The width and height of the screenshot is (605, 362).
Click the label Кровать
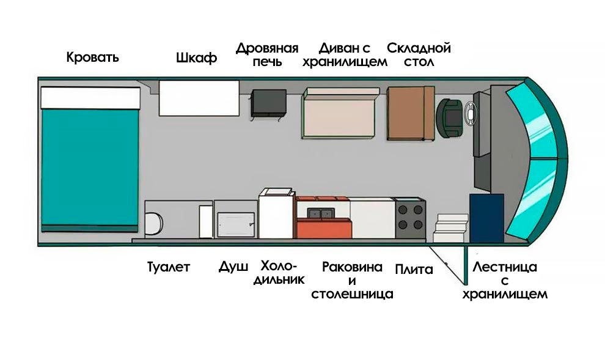point(92,58)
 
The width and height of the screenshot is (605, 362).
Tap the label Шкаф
point(196,59)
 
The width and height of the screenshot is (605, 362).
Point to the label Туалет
point(169,267)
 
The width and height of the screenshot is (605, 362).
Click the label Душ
point(233,267)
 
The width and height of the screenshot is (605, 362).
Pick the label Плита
point(414,269)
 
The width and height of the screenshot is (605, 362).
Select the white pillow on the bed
point(90,97)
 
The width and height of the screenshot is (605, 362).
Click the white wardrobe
point(199,97)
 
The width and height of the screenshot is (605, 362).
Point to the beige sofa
point(339,115)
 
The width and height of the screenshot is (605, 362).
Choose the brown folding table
point(409,113)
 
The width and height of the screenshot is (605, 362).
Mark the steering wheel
point(470,113)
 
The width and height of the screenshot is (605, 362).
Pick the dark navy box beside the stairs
point(486,218)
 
